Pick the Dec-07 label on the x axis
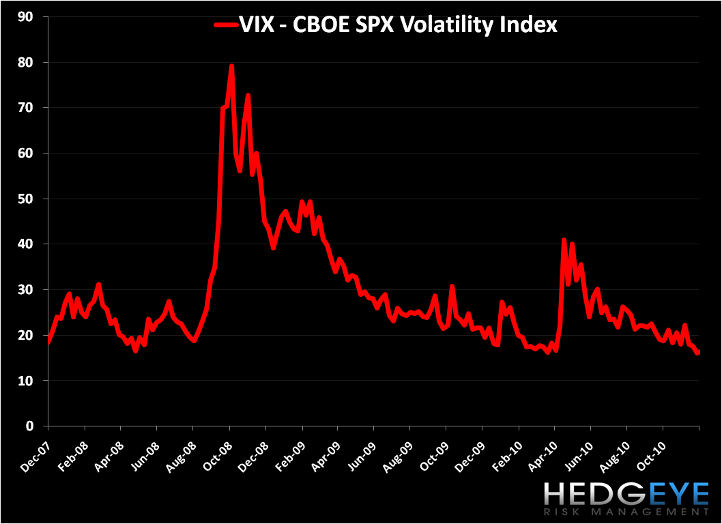click(x=35, y=445)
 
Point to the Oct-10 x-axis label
click(x=650, y=445)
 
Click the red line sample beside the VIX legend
click(x=225, y=26)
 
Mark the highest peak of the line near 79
click(x=231, y=66)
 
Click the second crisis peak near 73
click(x=248, y=96)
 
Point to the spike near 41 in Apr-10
click(x=564, y=239)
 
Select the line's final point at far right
click(x=698, y=352)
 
